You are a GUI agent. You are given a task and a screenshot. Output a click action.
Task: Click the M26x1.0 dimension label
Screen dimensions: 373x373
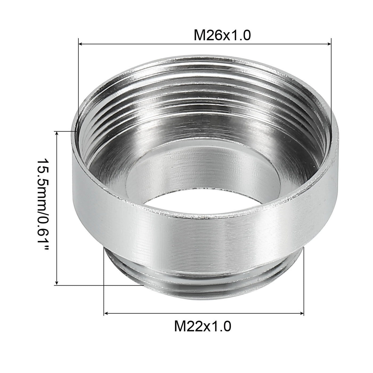(222, 35)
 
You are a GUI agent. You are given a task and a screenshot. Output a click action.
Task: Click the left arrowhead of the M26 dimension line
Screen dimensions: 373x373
(80, 44)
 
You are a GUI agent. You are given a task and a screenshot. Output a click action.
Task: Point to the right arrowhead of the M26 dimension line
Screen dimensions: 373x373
(329, 44)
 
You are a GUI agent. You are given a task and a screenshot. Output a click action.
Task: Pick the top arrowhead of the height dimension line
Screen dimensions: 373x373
(57, 133)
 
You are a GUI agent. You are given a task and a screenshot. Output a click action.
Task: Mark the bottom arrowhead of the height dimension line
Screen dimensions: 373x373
(57, 283)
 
